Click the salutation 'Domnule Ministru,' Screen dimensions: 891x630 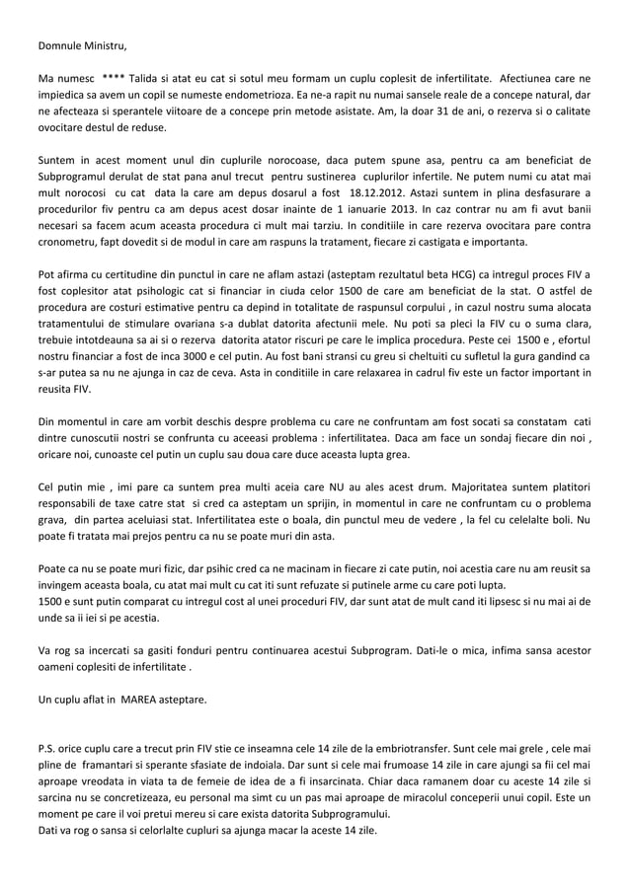tap(83, 45)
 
